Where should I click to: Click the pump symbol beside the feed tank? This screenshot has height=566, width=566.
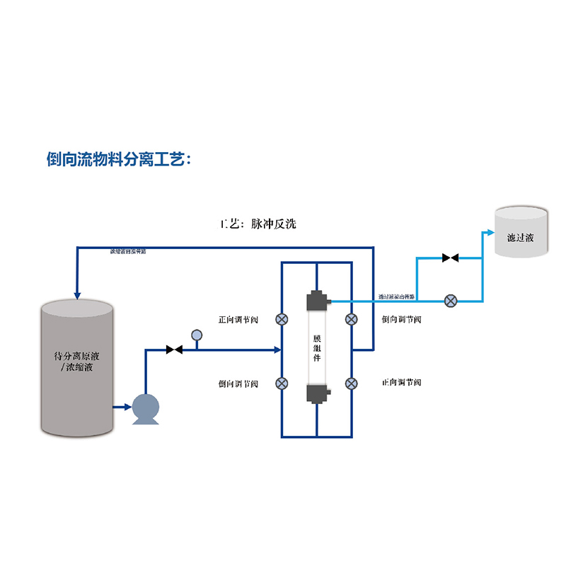pos(146,408)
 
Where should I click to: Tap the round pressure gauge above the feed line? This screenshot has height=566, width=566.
pos(197,334)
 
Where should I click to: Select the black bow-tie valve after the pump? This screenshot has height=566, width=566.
pos(174,350)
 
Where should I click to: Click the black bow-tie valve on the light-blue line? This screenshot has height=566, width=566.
pos(450,258)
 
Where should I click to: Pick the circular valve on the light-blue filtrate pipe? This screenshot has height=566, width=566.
pos(450,301)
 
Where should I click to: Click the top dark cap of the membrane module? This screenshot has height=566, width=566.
pos(316,301)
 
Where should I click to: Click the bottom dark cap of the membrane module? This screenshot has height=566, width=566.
pos(316,393)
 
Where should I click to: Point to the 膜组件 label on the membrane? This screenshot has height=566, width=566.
pos(317,348)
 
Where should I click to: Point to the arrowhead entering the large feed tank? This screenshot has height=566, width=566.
pos(77,294)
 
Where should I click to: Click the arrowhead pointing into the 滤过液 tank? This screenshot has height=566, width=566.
pos(490,232)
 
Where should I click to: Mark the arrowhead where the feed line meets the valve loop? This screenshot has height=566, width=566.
pos(277,350)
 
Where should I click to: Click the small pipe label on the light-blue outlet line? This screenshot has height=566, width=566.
pos(397,296)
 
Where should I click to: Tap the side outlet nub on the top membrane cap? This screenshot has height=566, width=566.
pos(329,302)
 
